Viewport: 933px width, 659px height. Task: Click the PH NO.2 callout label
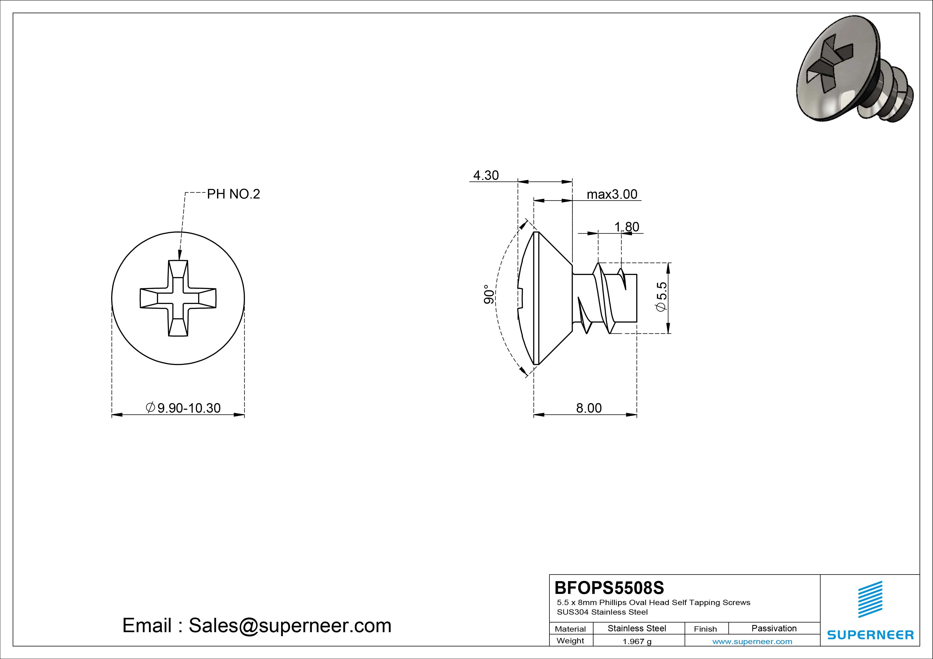(233, 194)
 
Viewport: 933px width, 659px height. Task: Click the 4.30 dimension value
(486, 175)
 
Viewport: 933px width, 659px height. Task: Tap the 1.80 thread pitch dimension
(626, 227)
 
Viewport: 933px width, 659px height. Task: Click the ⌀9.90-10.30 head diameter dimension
(183, 408)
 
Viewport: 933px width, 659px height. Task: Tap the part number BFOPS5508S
(609, 588)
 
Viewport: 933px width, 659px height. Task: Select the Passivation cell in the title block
(773, 628)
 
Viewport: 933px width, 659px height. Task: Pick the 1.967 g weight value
(637, 641)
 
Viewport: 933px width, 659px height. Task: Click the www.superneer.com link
(752, 641)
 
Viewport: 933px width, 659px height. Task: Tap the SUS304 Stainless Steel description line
(602, 612)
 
